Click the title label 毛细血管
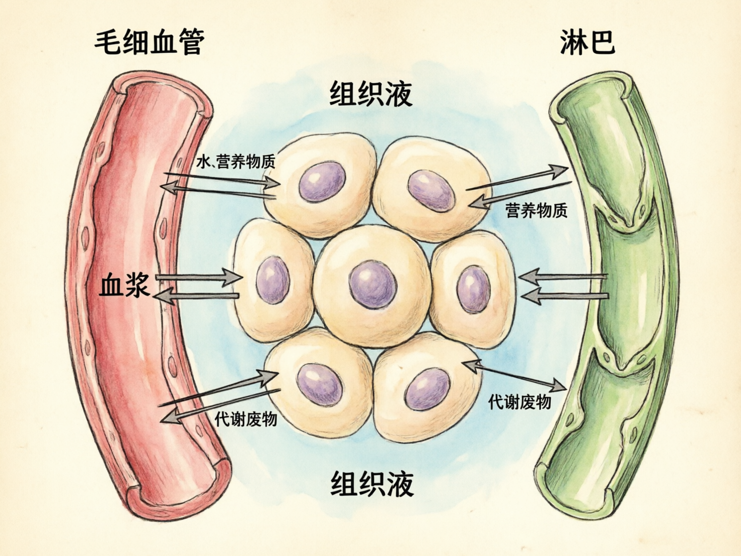150,42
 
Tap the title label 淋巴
587,42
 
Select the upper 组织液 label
371,94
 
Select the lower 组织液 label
372,484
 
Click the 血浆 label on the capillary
125,286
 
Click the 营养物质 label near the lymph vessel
537,210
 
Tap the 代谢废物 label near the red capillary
246,419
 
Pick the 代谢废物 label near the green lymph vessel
520,401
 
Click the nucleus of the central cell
373,284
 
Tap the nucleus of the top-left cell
322,182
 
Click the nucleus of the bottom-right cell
427,388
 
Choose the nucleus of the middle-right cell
473,289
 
